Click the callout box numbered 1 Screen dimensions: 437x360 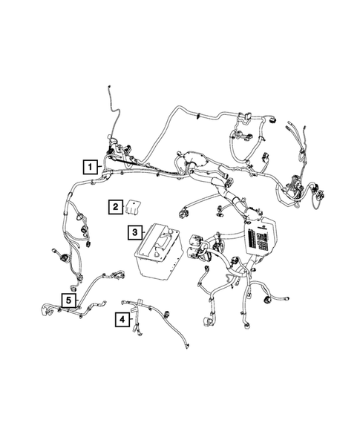click(89, 166)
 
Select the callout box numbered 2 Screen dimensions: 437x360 click(115, 207)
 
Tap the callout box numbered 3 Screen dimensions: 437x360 click(134, 233)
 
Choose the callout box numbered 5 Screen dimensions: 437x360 click(68, 300)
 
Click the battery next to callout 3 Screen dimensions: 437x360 click(159, 252)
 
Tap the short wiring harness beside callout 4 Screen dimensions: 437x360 click(152, 315)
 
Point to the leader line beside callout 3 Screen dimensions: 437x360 click(144, 234)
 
